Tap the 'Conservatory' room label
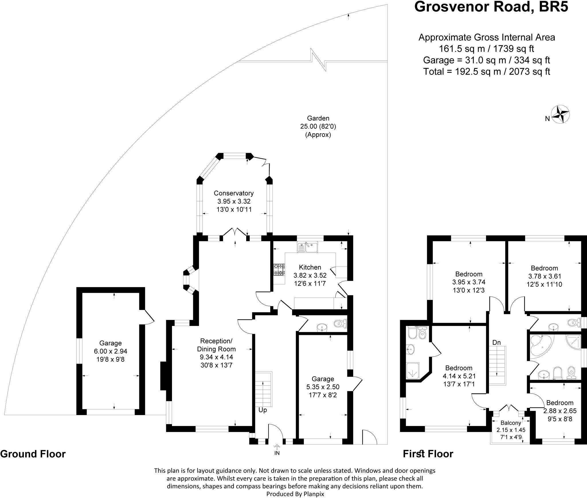pos(234,193)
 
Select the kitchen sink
pos(307,247)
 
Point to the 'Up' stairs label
pos(263,410)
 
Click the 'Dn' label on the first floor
pos(496,342)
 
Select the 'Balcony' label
pos(511,423)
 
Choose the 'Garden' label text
pos(318,118)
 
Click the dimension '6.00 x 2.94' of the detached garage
pos(110,351)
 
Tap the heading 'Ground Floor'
pos(33,454)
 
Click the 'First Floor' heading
pos(428,454)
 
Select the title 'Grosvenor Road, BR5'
pos(491,7)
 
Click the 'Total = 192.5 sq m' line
pos(487,71)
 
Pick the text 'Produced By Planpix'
pos(295,494)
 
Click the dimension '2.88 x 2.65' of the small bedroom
pos(560,411)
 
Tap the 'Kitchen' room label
pos(310,267)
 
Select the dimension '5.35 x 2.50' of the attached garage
pos(323,387)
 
